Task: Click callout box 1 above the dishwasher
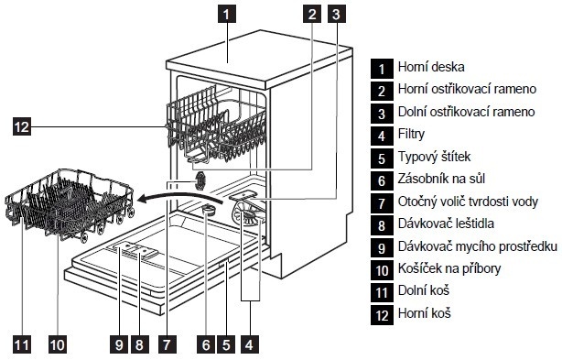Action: [x=226, y=15]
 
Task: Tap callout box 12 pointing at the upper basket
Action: [x=22, y=126]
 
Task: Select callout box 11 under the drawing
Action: [x=22, y=344]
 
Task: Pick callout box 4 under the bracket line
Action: [x=250, y=344]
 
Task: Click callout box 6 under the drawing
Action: [x=206, y=344]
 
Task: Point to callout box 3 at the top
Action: [x=337, y=15]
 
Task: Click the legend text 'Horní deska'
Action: [x=431, y=67]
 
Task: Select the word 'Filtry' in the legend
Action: [x=412, y=134]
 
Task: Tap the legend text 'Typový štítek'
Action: [x=434, y=157]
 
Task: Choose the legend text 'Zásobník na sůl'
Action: [x=441, y=179]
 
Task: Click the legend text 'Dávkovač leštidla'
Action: [x=446, y=224]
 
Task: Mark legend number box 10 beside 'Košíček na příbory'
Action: [x=382, y=270]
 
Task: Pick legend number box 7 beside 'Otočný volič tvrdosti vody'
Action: [x=382, y=203]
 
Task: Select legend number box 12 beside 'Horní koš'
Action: [x=382, y=315]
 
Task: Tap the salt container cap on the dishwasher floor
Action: [x=208, y=209]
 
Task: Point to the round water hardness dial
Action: [x=200, y=180]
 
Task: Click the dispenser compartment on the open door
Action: [x=134, y=250]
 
